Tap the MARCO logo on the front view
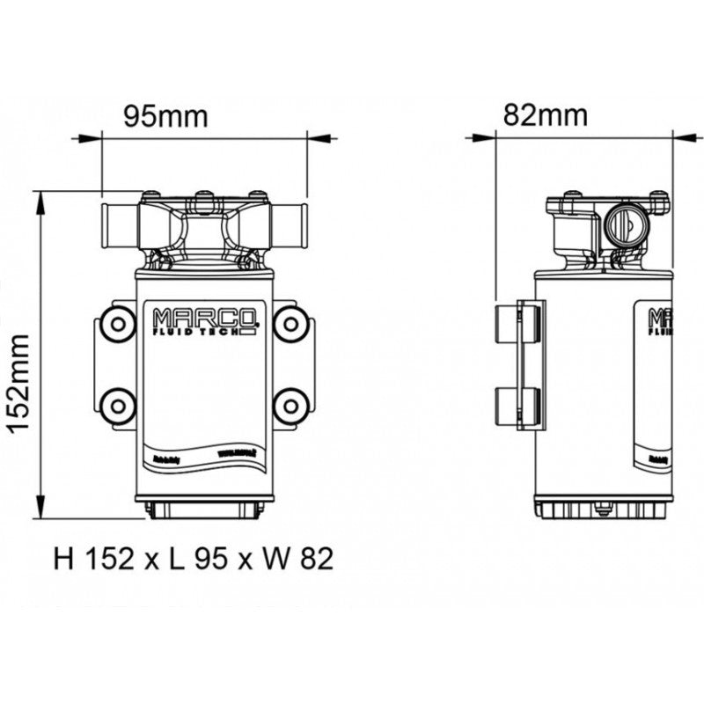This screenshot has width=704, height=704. pyautogui.click(x=204, y=318)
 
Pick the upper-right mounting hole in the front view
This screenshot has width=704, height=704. pyautogui.click(x=289, y=325)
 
